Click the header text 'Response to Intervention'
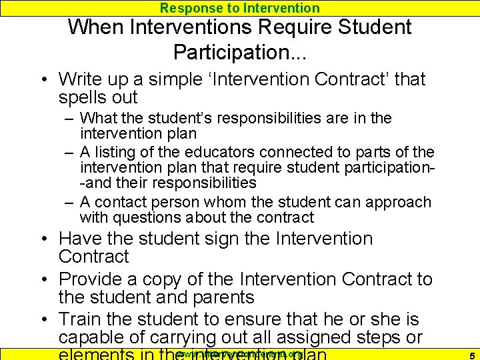(x=240, y=8)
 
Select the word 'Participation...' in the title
(x=240, y=52)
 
